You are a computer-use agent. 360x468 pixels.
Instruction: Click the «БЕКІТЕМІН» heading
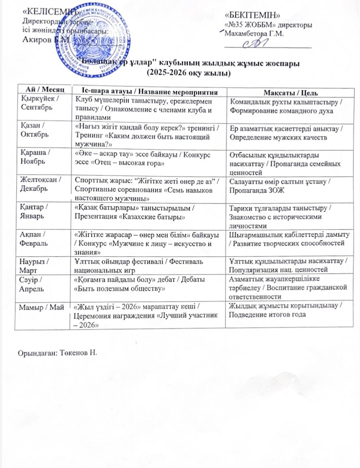pyautogui.click(x=253, y=16)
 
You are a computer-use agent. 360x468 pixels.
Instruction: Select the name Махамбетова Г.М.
pyautogui.click(x=256, y=33)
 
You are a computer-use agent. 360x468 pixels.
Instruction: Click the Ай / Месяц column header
pyautogui.click(x=42, y=89)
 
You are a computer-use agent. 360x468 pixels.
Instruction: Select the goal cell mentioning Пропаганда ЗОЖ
pyautogui.click(x=283, y=186)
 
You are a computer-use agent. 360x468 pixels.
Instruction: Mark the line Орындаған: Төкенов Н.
pyautogui.click(x=58, y=350)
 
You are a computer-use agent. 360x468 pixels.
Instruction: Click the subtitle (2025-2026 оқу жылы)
pyautogui.click(x=188, y=74)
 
